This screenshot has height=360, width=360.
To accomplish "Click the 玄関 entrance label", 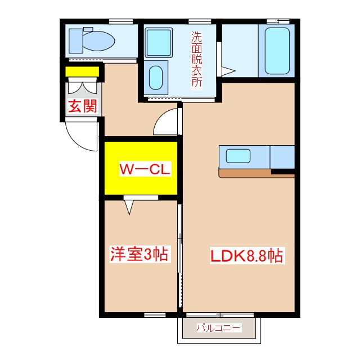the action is pyautogui.click(x=83, y=106).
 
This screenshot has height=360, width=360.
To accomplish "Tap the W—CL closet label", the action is pyautogui.click(x=145, y=169).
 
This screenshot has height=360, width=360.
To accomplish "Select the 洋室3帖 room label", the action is pyautogui.click(x=139, y=254).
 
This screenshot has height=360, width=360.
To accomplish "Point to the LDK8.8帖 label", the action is pyautogui.click(x=247, y=255).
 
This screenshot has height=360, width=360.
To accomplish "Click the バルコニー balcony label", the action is pyautogui.click(x=219, y=327).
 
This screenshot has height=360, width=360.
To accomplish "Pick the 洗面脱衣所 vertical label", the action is pyautogui.click(x=197, y=59).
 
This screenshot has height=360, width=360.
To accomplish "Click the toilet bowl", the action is pyautogui.click(x=99, y=41).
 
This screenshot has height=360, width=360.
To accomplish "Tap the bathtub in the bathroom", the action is pyautogui.click(x=277, y=51).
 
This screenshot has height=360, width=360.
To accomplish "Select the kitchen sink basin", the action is pyautogui.click(x=238, y=156).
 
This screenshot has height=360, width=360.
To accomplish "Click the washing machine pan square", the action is pyautogui.click(x=159, y=43).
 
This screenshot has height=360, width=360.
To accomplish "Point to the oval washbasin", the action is pyautogui.click(x=156, y=78).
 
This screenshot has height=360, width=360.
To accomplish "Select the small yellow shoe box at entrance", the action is pyautogui.click(x=82, y=71).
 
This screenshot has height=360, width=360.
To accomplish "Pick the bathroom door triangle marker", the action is pyautogui.click(x=228, y=71).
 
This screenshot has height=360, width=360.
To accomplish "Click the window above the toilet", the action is pyautogui.click(x=121, y=21).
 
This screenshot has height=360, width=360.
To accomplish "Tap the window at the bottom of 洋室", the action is pyautogui.click(x=155, y=314).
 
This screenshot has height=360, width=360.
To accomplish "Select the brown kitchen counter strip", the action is pyautogui.click(x=256, y=174).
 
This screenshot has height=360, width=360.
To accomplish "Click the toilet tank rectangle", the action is pyautogui.click(x=76, y=41).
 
